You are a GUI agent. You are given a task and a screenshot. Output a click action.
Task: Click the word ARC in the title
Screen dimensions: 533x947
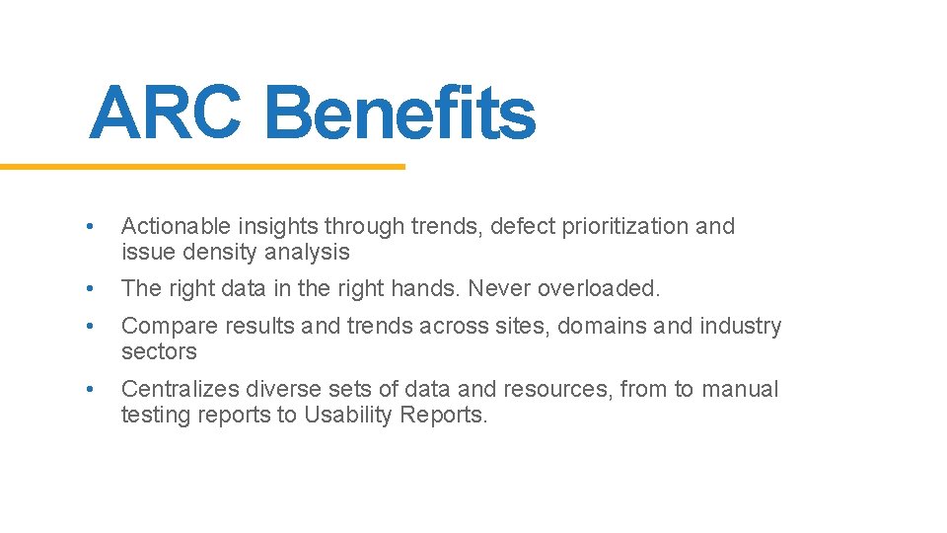[164, 113]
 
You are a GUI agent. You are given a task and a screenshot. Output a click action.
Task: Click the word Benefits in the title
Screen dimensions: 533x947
[400, 113]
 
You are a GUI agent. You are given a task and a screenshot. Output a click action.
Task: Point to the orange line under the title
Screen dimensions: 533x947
[202, 167]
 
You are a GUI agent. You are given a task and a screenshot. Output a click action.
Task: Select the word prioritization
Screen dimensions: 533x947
[624, 227]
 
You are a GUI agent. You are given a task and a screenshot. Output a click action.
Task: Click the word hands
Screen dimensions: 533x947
[430, 289]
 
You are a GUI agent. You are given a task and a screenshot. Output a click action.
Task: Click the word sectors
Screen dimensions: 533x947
[159, 352]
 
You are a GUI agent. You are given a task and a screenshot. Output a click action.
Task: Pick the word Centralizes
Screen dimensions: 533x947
[174, 390]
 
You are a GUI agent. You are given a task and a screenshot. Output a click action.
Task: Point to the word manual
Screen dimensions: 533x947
[740, 390]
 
